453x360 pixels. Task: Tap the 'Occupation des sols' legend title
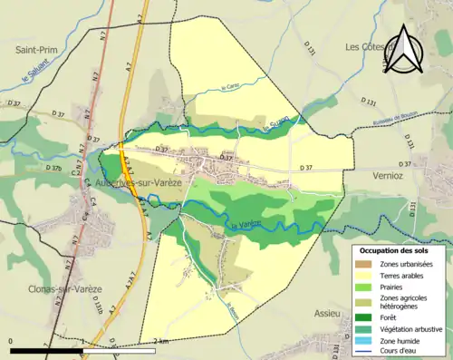click(399, 249)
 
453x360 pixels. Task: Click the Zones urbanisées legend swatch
click(361, 264)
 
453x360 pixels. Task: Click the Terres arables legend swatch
click(361, 275)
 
